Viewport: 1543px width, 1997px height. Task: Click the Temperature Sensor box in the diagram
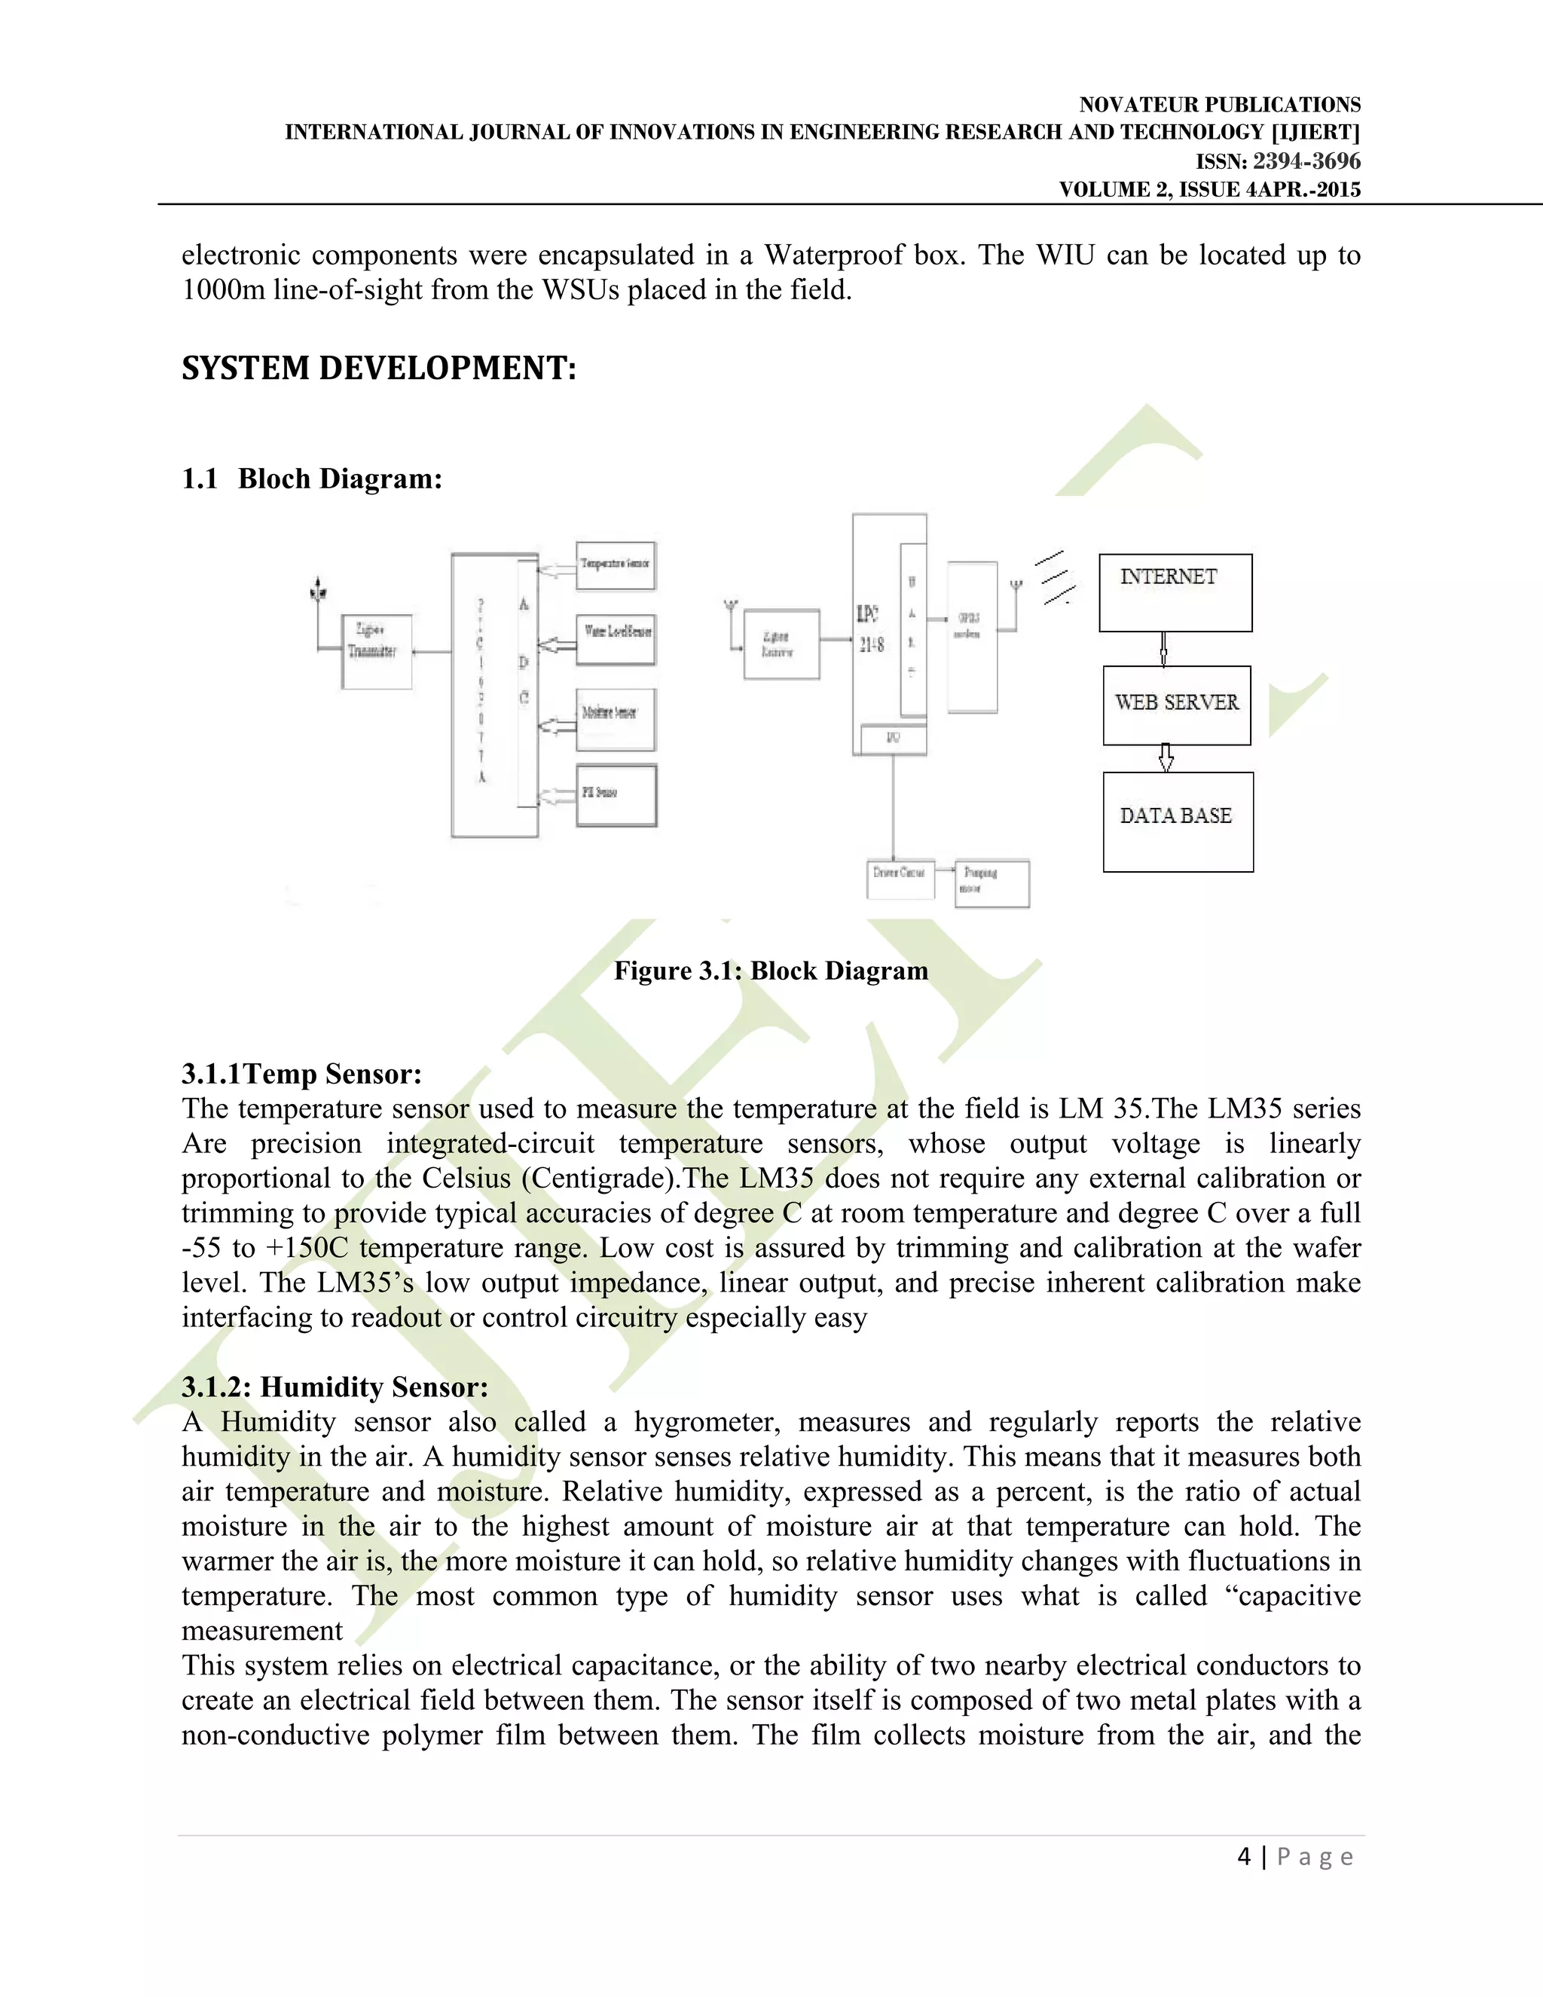[x=616, y=565]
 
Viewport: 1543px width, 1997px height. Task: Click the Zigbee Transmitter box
[x=376, y=651]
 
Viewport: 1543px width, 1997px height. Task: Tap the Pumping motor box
[x=991, y=882]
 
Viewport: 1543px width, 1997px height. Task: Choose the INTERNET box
[x=1175, y=592]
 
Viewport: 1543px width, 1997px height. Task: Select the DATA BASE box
[x=1178, y=821]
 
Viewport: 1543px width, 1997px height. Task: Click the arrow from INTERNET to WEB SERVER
[x=1163, y=648]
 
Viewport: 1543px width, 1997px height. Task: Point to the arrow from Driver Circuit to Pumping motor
[x=944, y=873]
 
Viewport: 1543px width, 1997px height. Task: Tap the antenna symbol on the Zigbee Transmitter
[x=317, y=592]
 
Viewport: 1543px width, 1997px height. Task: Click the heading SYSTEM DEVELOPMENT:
[x=378, y=369]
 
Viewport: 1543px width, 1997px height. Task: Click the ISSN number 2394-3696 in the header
[x=1306, y=162]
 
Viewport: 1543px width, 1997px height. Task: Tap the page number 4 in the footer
[x=1244, y=1856]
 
